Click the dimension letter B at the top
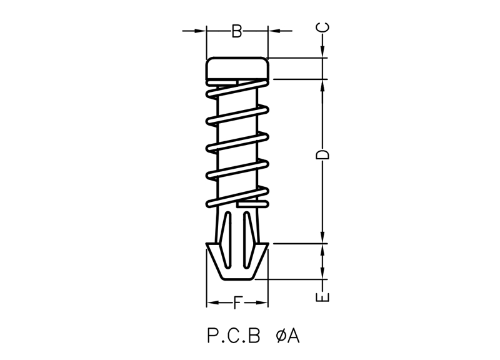pos(237,31)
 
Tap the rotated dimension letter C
pos(322,27)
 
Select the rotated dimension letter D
pos(322,154)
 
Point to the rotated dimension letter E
pos(322,297)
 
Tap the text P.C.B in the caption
pos(234,336)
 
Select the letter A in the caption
pos(293,336)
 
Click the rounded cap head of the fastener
pos(237,68)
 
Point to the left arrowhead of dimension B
pos(200,31)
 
